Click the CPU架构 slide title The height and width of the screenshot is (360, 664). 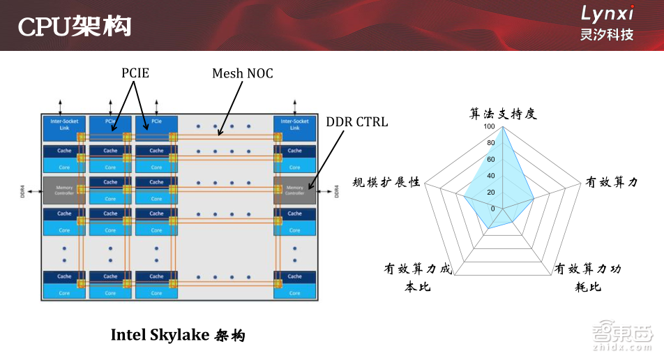click(74, 27)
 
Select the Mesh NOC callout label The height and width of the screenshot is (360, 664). click(243, 73)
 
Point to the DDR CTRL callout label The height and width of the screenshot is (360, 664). click(357, 122)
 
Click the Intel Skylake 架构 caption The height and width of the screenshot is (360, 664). click(178, 335)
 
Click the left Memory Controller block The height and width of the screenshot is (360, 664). click(64, 189)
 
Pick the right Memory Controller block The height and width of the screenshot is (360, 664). click(294, 189)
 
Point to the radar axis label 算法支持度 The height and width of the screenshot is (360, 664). click(503, 114)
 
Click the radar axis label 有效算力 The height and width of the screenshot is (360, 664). click(612, 182)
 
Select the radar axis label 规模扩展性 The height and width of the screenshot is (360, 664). click(386, 182)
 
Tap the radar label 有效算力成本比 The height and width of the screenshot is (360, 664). click(418, 277)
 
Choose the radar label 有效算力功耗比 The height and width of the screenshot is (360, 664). click(587, 277)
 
